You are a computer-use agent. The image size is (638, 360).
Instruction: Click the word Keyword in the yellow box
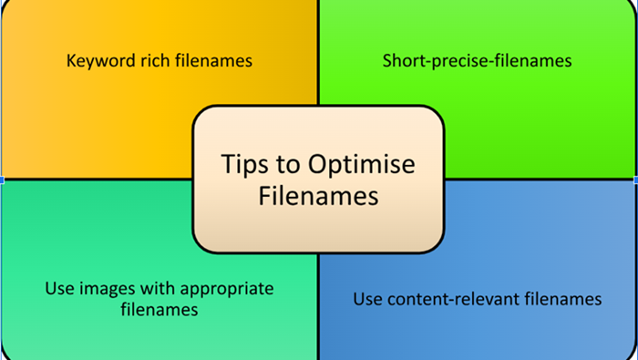(x=97, y=62)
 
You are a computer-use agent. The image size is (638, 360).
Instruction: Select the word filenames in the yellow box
(x=211, y=62)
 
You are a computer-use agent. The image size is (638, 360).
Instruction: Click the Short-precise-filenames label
(x=477, y=62)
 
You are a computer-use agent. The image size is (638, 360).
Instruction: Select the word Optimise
(x=363, y=165)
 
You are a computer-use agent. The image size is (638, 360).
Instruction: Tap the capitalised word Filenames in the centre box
(x=318, y=195)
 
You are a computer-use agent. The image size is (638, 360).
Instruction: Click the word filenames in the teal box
(x=159, y=310)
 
